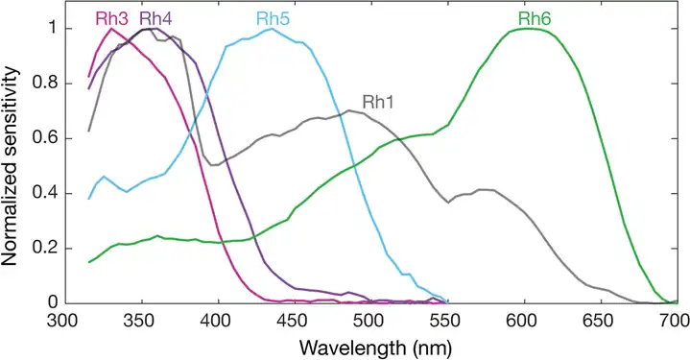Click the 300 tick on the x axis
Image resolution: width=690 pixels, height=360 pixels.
click(x=63, y=321)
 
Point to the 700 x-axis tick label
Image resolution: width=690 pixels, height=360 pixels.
click(x=675, y=321)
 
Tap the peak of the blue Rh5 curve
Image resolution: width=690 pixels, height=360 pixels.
click(x=272, y=29)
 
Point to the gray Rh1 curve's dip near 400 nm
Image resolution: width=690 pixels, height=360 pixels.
click(x=213, y=165)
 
